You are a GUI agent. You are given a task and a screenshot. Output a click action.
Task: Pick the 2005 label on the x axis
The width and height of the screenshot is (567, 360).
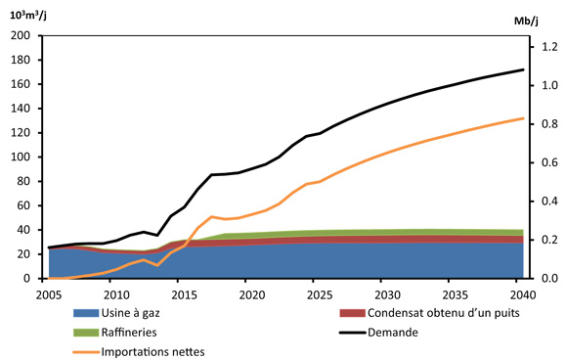48,294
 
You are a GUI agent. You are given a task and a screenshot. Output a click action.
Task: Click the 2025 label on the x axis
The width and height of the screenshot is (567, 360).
319,294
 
